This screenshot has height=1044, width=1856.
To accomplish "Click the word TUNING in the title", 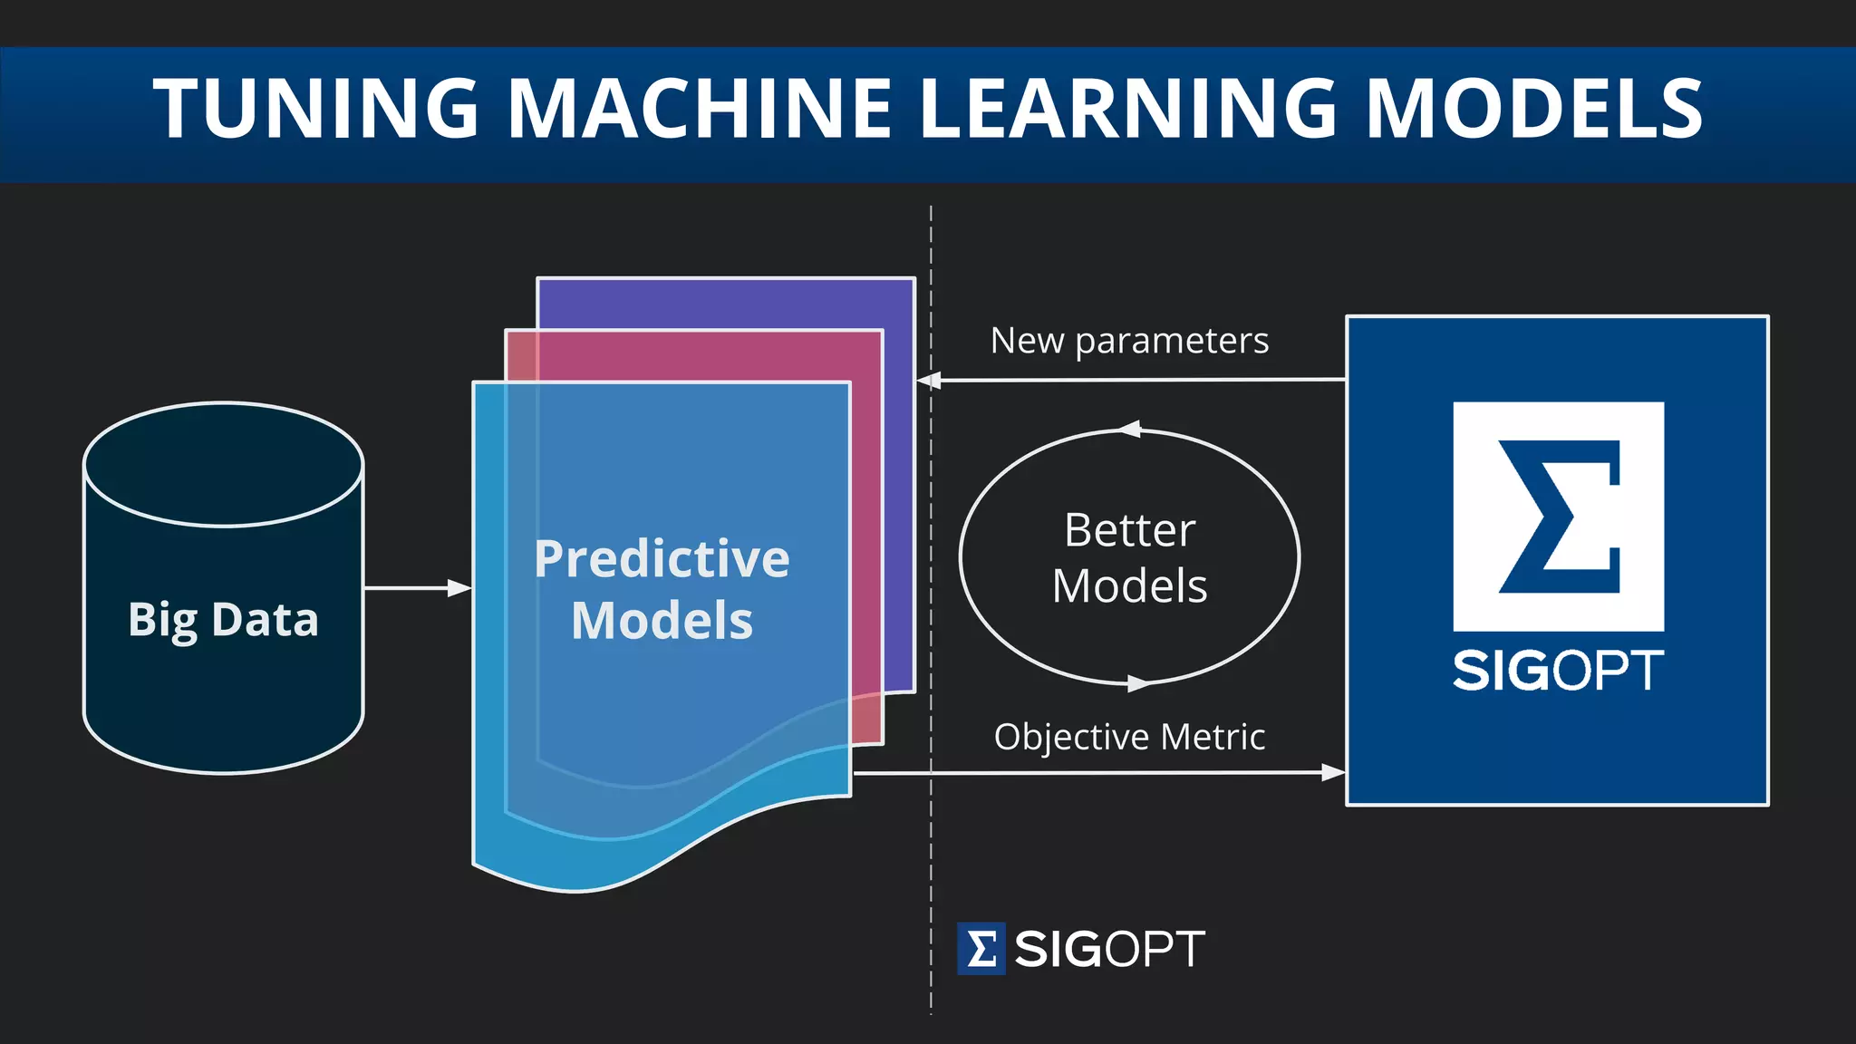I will [315, 109].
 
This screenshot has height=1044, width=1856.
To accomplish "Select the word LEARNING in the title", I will [1127, 109].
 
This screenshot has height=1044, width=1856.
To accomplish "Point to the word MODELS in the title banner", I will [1533, 109].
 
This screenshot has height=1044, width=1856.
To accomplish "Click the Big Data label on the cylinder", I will [223, 621].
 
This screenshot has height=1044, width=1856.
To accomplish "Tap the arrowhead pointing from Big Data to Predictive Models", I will [460, 588].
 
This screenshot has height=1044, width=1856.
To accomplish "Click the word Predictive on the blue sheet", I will [662, 559].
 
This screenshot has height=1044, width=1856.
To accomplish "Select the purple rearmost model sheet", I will [725, 304].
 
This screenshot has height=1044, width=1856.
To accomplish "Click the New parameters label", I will [1129, 342].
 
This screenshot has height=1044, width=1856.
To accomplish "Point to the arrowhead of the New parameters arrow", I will [929, 381].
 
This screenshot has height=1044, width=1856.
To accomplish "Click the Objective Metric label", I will [1129, 737].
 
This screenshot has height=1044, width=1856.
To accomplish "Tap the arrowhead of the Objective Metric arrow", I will [1333, 772].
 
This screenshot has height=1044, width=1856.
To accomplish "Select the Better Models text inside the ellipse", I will [1129, 557].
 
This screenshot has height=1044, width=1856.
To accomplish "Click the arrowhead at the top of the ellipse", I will [1130, 430].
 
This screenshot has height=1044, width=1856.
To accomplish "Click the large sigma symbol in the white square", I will [1559, 517].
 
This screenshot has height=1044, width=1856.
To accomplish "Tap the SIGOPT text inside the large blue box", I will [1558, 672].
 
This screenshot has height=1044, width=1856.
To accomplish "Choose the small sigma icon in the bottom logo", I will [981, 949].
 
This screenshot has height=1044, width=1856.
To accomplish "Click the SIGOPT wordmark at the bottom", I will [1109, 949].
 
